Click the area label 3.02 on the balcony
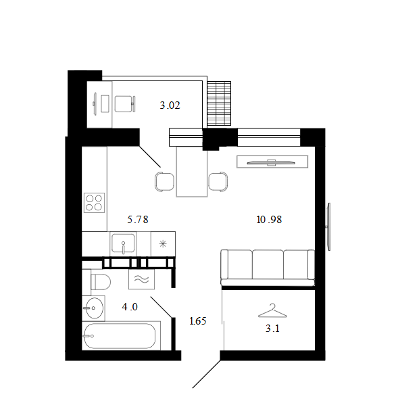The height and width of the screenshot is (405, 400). click(x=170, y=105)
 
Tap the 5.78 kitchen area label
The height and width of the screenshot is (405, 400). click(x=138, y=220)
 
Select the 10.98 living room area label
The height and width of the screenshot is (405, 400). click(x=269, y=220)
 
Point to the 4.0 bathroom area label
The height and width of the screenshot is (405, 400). click(x=130, y=307)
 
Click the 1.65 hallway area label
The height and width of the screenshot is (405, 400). click(x=198, y=321)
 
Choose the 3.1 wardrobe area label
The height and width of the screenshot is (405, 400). click(x=272, y=329)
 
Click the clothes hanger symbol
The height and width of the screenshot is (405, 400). click(x=272, y=310)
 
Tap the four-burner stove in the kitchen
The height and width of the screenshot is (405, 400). click(x=94, y=203)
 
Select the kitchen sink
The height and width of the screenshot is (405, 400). click(x=123, y=243)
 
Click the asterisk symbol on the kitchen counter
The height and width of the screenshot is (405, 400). click(x=163, y=244)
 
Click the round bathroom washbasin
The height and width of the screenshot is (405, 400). click(x=95, y=308)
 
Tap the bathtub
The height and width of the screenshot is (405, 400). click(x=120, y=336)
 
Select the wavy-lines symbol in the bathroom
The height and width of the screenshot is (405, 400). click(x=142, y=279)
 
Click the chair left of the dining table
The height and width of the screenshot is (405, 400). click(x=164, y=182)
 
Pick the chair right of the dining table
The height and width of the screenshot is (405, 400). click(x=218, y=182)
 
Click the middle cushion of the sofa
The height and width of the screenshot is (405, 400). click(x=268, y=264)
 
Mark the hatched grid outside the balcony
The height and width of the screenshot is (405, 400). click(x=219, y=103)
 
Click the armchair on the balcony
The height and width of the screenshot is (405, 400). click(x=125, y=104)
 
